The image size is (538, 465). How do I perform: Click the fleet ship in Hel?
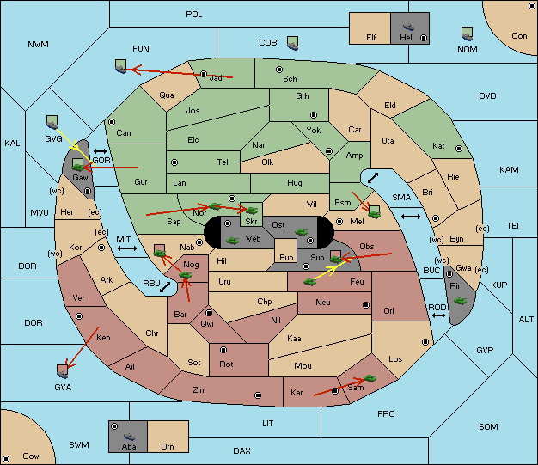pyautogui.click(x=408, y=27)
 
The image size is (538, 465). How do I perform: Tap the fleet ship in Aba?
pyautogui.click(x=130, y=436)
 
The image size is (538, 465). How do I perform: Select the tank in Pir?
pyautogui.click(x=460, y=301)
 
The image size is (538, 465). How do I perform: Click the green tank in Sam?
pyautogui.click(x=370, y=378)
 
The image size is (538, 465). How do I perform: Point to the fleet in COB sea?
pyautogui.click(x=293, y=43)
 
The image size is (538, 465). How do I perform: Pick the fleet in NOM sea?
pyautogui.click(x=467, y=34)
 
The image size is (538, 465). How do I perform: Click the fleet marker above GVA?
pyautogui.click(x=63, y=371)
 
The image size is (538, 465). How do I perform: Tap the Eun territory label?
pyautogui.click(x=286, y=257)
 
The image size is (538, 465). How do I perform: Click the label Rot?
pyautogui.click(x=226, y=364)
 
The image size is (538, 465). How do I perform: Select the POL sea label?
pyautogui.click(x=194, y=15)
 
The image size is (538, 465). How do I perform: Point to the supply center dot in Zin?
pyautogui.click(x=258, y=395)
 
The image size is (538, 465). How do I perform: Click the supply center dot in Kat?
pyautogui.click(x=459, y=149)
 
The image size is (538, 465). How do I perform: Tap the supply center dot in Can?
pyautogui.click(x=112, y=122)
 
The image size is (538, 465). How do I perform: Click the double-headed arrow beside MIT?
pyautogui.click(x=127, y=248)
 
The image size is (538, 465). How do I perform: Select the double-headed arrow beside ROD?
pyautogui.click(x=438, y=315)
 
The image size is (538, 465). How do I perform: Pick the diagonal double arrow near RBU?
pyautogui.click(x=165, y=287)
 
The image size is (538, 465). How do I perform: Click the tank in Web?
pyautogui.click(x=232, y=241)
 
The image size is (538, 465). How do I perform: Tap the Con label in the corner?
pyautogui.click(x=519, y=36)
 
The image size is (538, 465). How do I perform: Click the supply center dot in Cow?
pyautogui.click(x=6, y=458)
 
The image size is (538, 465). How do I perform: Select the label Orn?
pyautogui.click(x=168, y=446)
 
